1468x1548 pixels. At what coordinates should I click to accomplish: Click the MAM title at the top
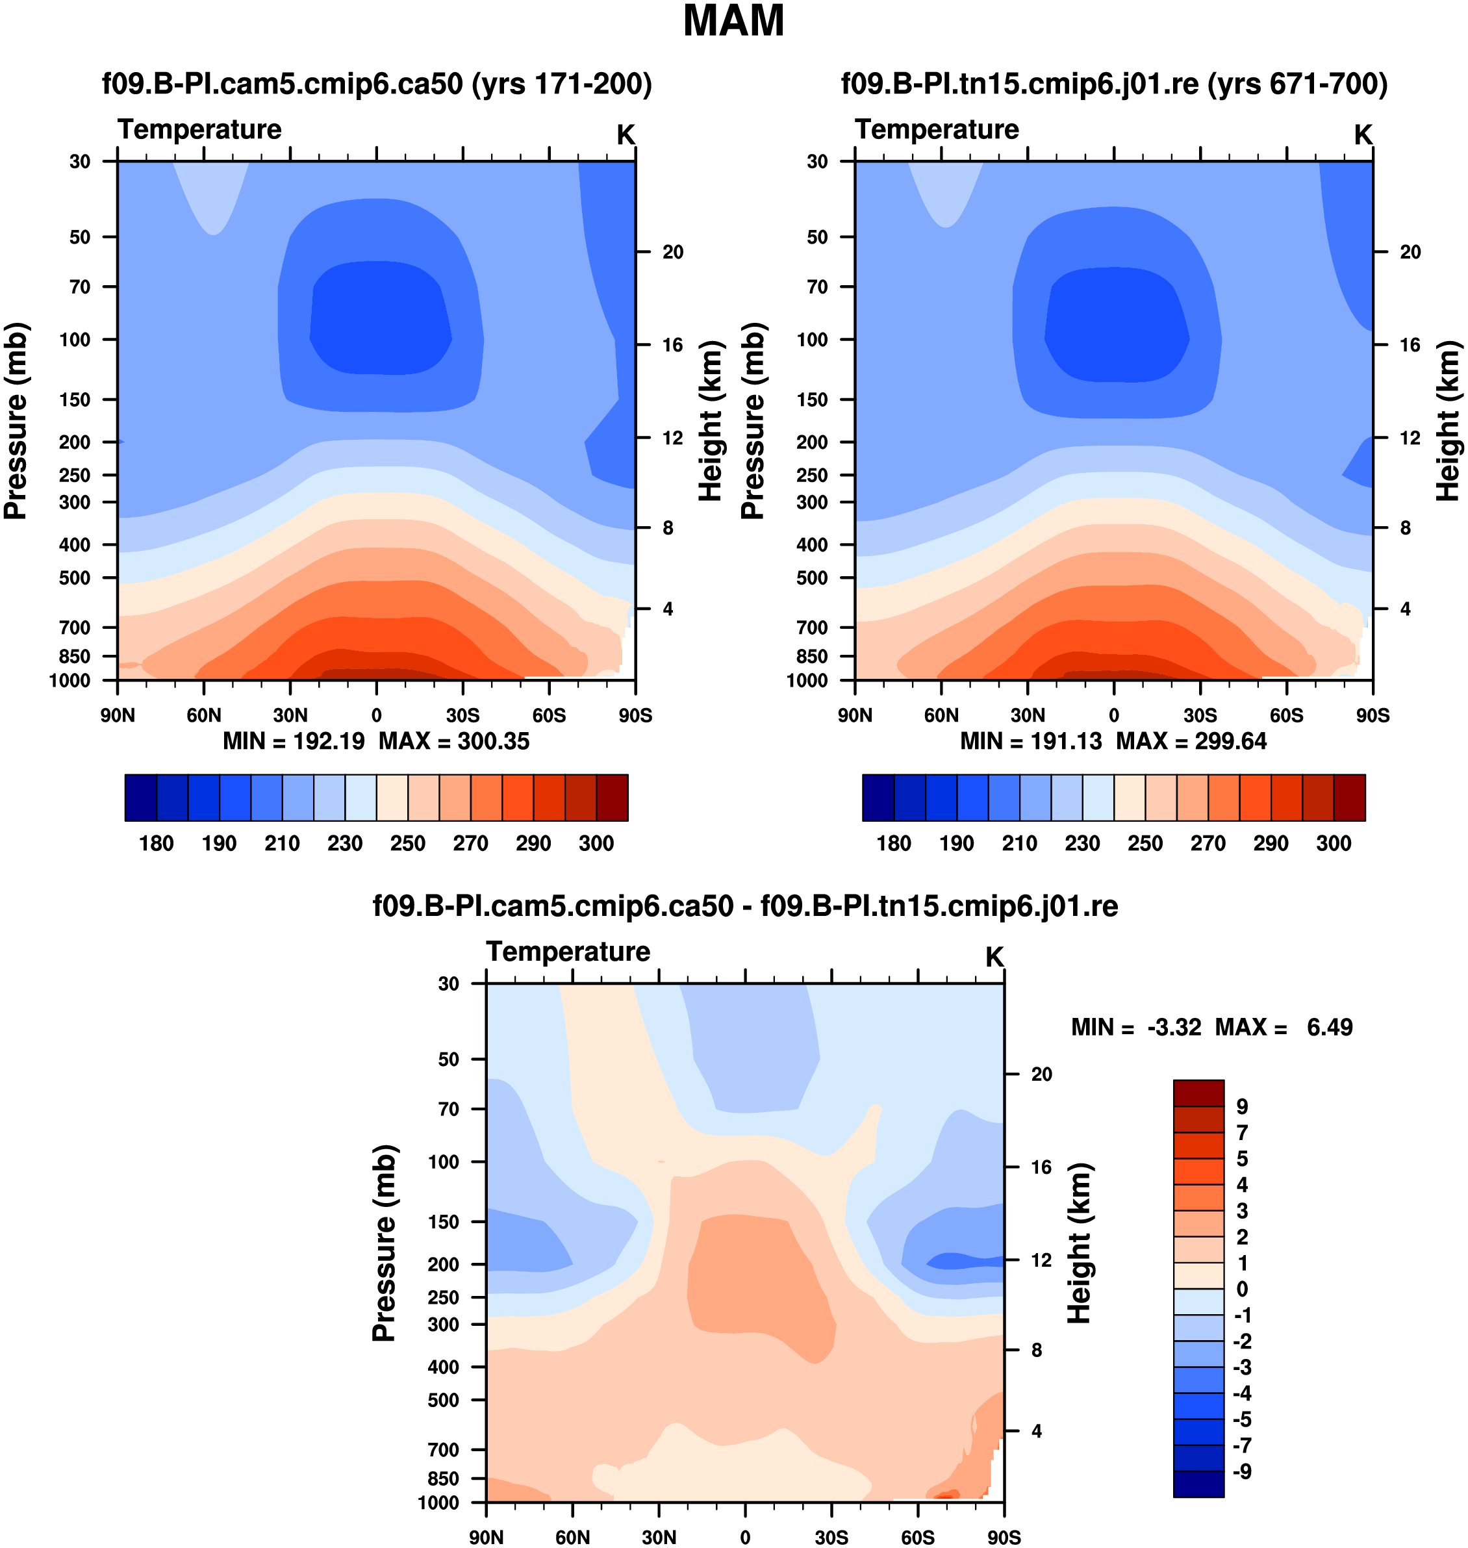click(x=733, y=21)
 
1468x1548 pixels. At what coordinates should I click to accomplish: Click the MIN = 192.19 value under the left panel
click(x=294, y=741)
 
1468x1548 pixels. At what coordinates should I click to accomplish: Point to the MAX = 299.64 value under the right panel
click(x=1191, y=741)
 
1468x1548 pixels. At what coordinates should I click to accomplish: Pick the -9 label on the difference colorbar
click(x=1242, y=1471)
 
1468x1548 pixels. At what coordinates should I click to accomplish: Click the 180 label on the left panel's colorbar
click(x=157, y=843)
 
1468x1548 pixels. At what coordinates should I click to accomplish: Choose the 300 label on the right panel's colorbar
click(x=1334, y=843)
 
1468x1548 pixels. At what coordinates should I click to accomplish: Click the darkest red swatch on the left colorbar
click(x=612, y=798)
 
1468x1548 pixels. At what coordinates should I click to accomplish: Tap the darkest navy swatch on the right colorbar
click(x=878, y=798)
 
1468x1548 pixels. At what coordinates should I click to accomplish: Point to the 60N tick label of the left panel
click(x=203, y=715)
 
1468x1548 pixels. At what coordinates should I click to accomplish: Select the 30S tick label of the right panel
click(x=1200, y=715)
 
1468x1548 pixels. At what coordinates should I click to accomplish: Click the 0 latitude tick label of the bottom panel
click(x=745, y=1537)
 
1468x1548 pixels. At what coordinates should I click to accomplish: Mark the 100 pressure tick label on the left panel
click(x=75, y=340)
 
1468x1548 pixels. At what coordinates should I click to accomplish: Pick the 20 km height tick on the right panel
click(x=1410, y=252)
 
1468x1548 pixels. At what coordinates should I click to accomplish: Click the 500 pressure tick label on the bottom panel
click(x=443, y=1400)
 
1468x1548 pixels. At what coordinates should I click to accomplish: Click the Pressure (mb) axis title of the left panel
click(x=16, y=421)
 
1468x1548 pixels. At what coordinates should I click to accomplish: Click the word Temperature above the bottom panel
click(x=568, y=952)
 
